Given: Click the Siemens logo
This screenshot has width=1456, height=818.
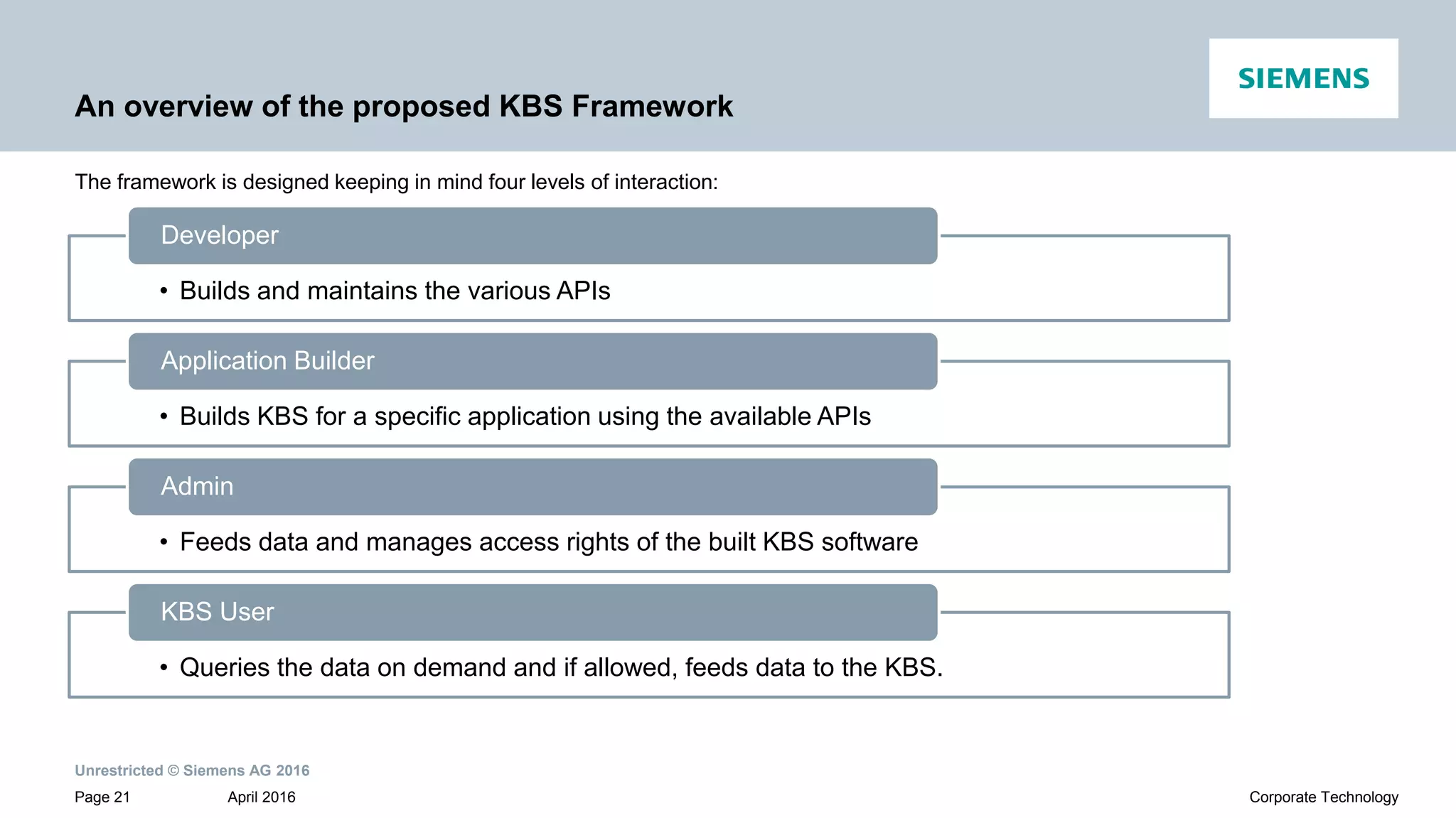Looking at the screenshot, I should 1303,78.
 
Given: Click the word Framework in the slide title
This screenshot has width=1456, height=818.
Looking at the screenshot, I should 652,107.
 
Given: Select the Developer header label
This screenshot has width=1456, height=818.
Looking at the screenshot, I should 219,235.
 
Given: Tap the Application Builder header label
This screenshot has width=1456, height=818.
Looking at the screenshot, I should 267,361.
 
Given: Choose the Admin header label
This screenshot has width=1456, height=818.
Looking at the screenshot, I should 197,487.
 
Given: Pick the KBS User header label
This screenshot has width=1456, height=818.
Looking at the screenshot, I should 217,612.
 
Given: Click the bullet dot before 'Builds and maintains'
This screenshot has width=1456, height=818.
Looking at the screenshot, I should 164,291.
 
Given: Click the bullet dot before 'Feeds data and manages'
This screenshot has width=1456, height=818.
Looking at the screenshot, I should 164,542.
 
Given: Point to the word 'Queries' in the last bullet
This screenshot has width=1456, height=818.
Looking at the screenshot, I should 225,668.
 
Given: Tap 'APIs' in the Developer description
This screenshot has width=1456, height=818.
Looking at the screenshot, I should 583,291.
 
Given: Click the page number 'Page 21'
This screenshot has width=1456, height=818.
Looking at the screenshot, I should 102,797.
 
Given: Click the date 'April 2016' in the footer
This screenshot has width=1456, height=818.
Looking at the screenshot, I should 261,797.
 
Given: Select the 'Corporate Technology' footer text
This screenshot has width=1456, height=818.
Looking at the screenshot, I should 1323,797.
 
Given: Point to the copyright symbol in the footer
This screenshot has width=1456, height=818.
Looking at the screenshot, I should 173,771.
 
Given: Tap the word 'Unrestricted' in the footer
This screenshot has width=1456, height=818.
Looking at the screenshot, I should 119,771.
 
